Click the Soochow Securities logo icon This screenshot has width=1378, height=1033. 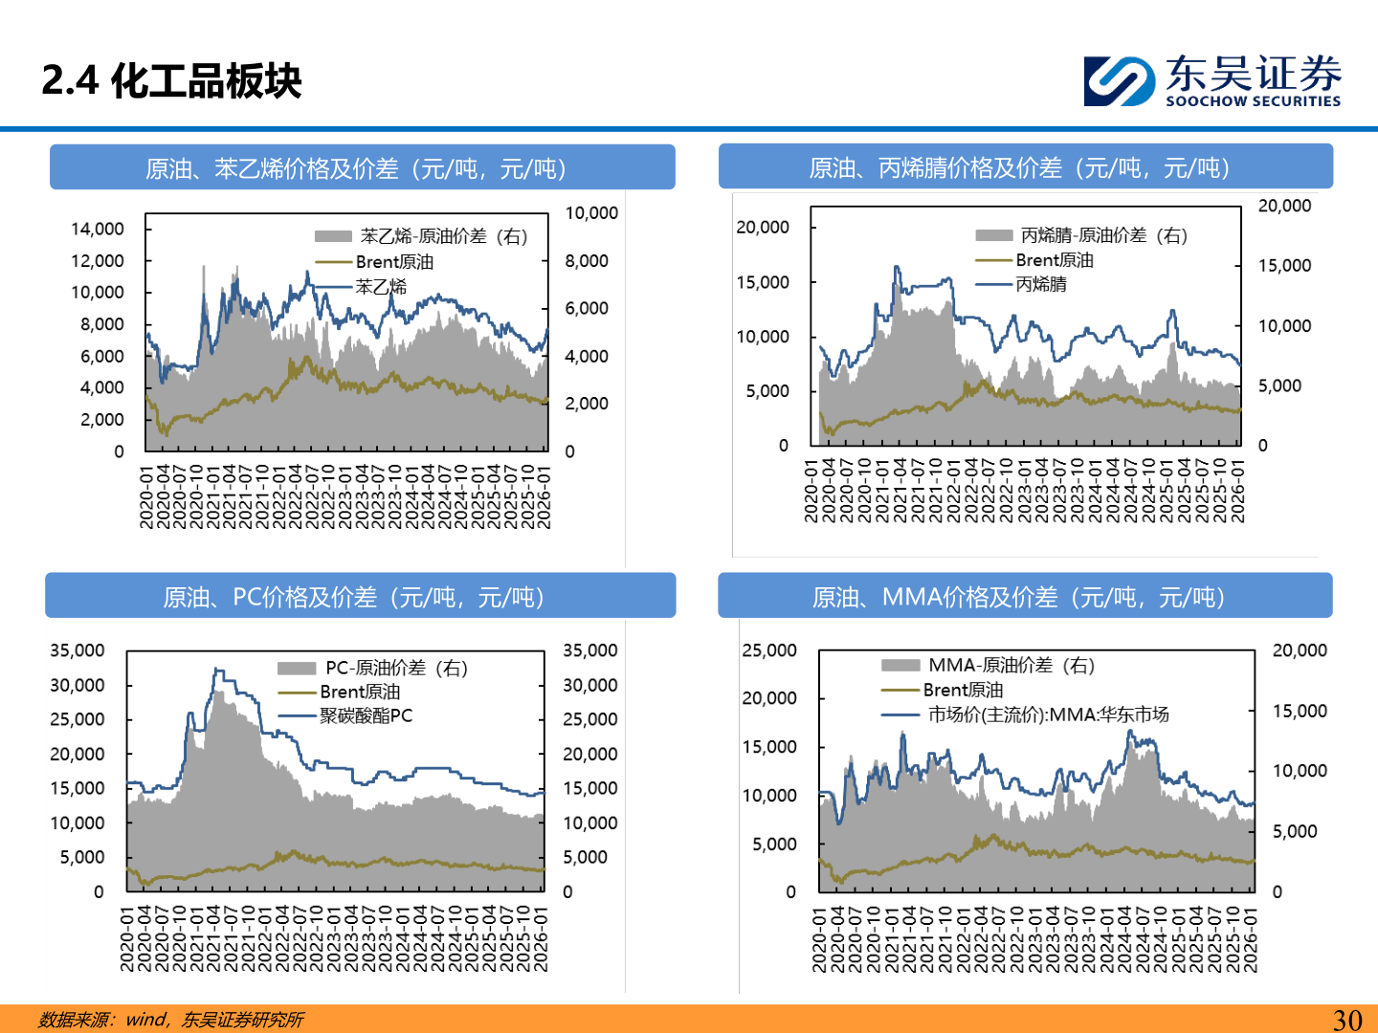1118,81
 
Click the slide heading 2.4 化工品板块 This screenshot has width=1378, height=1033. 172,81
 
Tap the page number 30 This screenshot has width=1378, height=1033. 1347,1020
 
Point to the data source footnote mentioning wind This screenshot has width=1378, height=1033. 171,1020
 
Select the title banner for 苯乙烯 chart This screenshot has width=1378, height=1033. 362,168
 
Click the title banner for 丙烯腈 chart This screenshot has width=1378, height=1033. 1025,167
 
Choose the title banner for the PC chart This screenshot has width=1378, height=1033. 360,597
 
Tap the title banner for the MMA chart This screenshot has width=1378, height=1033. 1025,597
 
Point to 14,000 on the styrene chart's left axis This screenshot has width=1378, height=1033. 98,229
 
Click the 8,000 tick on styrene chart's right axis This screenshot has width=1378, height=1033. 587,261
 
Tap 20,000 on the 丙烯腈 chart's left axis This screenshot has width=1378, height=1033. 763,227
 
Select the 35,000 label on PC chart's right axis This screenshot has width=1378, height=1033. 590,650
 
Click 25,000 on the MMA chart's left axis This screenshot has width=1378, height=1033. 769,650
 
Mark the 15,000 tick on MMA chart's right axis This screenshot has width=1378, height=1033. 1300,711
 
